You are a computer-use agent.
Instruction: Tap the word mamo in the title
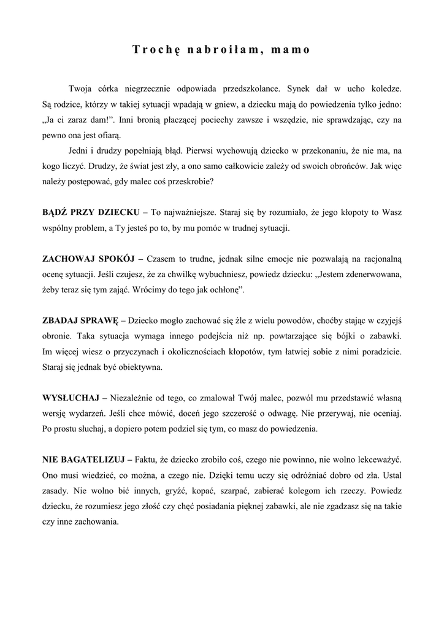[291, 50]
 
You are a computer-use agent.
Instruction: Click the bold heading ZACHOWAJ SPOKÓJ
[88, 260]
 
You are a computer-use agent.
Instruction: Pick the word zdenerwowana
[369, 276]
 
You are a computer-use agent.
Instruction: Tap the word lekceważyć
[374, 459]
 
